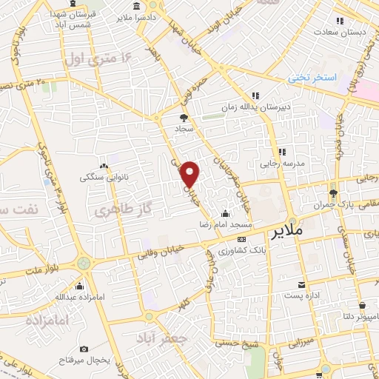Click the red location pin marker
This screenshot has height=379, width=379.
(191, 173)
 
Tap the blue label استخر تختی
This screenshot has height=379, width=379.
(312, 78)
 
